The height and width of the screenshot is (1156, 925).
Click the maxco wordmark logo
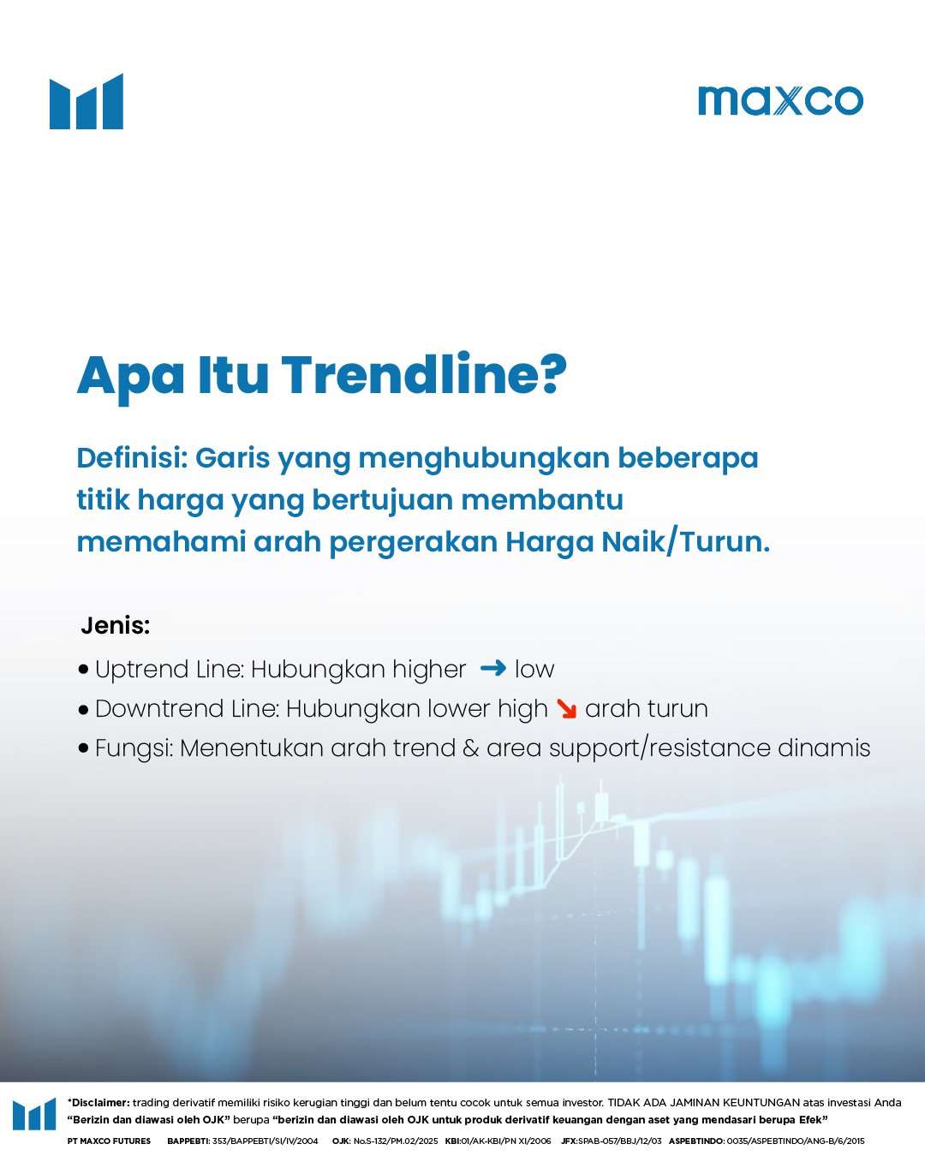tap(780, 100)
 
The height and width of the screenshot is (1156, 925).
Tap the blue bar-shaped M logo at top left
tap(87, 102)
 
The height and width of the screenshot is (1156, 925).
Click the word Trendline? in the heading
tap(424, 375)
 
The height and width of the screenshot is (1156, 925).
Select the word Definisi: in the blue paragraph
tap(132, 458)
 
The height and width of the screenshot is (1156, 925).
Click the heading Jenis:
tap(116, 626)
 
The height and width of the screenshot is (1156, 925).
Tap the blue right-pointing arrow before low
tap(493, 668)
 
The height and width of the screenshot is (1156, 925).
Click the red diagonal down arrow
tap(566, 709)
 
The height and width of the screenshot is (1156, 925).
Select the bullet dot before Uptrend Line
tap(83, 669)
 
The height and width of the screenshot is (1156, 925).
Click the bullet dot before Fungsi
tap(83, 748)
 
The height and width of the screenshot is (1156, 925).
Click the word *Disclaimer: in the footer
tap(98, 1103)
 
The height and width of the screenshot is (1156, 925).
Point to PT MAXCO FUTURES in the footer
tap(109, 1141)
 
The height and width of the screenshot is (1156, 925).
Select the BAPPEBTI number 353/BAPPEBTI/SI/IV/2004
tap(265, 1141)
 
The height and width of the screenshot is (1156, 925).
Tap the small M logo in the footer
tap(34, 1114)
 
